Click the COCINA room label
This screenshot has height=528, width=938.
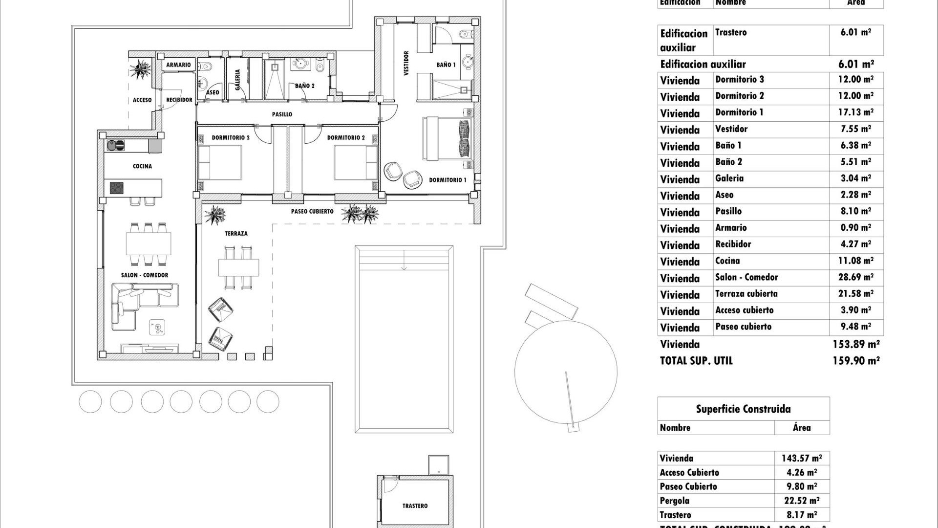(142, 166)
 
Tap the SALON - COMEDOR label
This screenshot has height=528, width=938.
(145, 275)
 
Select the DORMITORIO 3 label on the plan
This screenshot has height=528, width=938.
(231, 138)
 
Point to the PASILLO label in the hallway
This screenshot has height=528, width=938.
(282, 114)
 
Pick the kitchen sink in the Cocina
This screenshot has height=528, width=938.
(116, 145)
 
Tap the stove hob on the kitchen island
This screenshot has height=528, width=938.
(116, 188)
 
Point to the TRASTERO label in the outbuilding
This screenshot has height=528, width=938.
(415, 506)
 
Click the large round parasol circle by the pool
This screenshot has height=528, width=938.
(566, 372)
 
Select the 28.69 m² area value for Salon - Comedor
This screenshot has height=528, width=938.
(855, 277)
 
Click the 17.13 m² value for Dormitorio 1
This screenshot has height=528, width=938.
(855, 112)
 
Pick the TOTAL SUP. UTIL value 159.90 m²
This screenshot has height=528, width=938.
(856, 361)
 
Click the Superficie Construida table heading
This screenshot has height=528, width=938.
(743, 409)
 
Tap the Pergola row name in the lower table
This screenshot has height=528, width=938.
(674, 501)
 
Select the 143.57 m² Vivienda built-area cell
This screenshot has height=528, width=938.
(801, 459)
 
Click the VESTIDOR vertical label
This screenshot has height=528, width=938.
(406, 64)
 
